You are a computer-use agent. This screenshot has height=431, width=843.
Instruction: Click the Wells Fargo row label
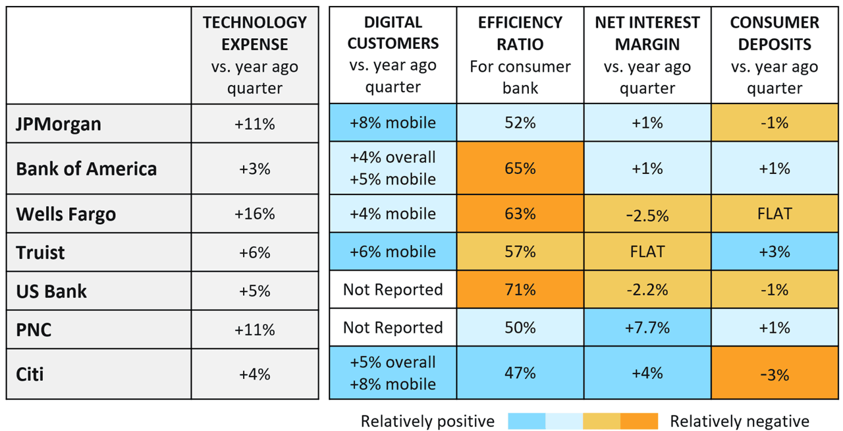click(66, 214)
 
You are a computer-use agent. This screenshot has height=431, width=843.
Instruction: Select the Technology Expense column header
click(255, 55)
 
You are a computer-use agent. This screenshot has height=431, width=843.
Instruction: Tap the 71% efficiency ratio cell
click(520, 290)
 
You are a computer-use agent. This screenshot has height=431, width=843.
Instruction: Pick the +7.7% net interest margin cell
click(647, 328)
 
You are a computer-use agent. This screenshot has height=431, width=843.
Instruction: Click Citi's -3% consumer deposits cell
click(774, 374)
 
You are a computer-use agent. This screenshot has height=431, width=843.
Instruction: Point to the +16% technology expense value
click(255, 214)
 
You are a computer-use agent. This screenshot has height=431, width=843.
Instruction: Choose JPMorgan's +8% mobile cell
click(393, 123)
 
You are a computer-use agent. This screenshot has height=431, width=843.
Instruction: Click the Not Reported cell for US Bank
click(393, 290)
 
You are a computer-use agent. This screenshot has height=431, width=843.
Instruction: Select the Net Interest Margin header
click(647, 55)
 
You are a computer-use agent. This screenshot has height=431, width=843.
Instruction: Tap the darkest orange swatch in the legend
click(639, 421)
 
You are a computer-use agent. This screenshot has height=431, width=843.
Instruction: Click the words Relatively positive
click(427, 421)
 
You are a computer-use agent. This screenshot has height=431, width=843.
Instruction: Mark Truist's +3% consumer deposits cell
click(774, 252)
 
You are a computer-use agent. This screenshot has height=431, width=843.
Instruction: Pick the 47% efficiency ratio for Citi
click(520, 374)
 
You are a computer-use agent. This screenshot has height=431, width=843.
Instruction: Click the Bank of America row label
click(86, 169)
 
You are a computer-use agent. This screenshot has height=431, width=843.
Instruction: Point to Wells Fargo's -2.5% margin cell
click(647, 214)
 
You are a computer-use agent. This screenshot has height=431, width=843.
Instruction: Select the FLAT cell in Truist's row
click(647, 252)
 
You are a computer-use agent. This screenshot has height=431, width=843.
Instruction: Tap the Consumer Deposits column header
click(774, 55)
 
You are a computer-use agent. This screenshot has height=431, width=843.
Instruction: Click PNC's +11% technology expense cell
click(255, 328)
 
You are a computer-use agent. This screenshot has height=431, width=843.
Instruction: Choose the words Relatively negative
click(740, 421)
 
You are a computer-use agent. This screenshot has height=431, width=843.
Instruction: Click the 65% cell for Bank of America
click(520, 169)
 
